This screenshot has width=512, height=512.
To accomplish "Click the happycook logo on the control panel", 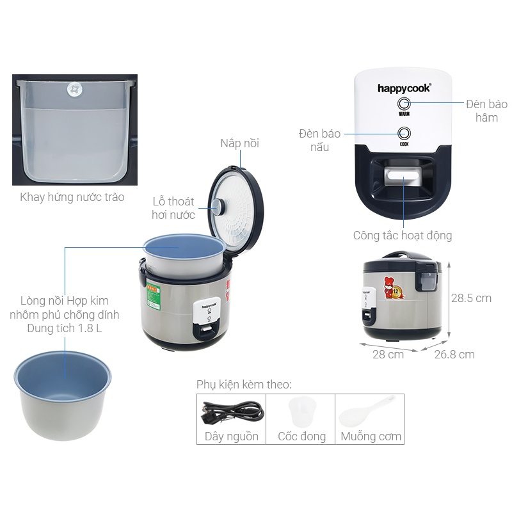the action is coord(404,88).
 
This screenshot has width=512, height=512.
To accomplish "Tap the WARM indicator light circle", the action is coord(404,104).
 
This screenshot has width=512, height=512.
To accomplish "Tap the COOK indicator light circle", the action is coord(404,133).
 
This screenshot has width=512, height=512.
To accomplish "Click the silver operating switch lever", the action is coord(404,177).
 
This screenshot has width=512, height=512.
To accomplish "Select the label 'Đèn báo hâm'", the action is coord(486,111).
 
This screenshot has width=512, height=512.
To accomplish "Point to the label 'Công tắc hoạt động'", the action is coord(403,236).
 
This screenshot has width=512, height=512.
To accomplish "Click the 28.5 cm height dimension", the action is coord(471,298).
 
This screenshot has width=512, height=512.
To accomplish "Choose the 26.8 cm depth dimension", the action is coord(454,355).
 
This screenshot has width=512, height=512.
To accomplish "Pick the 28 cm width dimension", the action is coord(388,355).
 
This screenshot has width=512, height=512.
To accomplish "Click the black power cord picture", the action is coord(232,412).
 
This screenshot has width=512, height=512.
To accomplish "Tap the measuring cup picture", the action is coord(301,412).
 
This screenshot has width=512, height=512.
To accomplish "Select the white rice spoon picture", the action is coord(365,412).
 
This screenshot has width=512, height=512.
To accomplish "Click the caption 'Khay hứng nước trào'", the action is coord(72,197).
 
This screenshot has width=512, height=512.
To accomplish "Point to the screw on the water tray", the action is coord(75,90).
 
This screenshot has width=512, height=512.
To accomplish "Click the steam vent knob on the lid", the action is coord(219,206).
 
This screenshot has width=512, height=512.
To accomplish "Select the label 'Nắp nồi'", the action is coord(239,143).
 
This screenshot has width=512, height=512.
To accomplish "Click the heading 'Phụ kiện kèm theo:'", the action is coord(244,385).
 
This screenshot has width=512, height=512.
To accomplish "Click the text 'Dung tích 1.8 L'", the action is coord(65,328).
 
